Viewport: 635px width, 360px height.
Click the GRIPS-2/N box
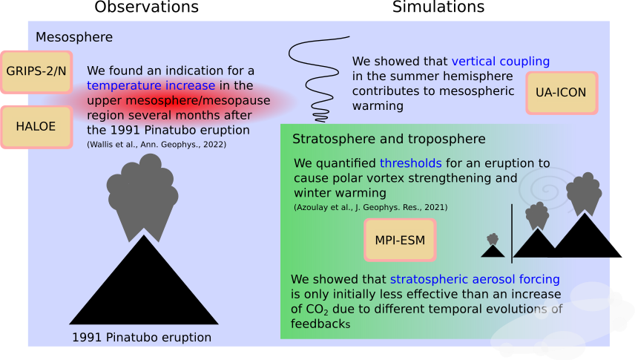click(36, 72)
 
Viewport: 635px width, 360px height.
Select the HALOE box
click(36, 127)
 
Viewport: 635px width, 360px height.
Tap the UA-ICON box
click(562, 93)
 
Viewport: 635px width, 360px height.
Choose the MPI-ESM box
click(400, 240)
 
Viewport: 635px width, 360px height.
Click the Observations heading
click(147, 7)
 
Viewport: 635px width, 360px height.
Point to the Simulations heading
click(438, 7)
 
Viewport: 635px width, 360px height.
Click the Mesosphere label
click(74, 37)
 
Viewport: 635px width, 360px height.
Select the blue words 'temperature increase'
click(151, 85)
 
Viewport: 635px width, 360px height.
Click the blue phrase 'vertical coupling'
click(501, 61)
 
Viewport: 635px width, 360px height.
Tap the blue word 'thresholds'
click(411, 163)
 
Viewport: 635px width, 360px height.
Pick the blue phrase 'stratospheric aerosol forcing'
click(475, 279)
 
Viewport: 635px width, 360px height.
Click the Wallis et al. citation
click(157, 144)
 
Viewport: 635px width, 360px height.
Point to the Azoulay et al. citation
click(371, 207)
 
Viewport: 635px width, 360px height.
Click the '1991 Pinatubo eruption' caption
click(142, 337)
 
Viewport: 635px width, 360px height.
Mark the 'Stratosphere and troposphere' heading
click(389, 139)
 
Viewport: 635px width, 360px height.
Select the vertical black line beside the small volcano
click(512, 234)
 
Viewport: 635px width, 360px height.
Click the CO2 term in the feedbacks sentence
click(317, 310)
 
